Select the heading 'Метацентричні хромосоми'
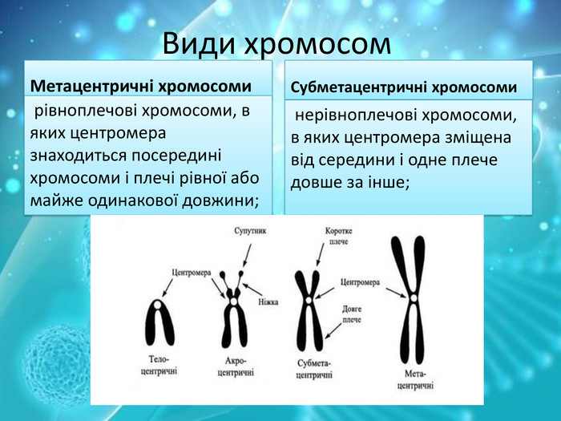point(140,85)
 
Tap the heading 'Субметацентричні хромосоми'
point(403,87)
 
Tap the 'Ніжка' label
point(268,302)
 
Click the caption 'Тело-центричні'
point(159,365)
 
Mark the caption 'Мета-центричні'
point(416,379)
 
